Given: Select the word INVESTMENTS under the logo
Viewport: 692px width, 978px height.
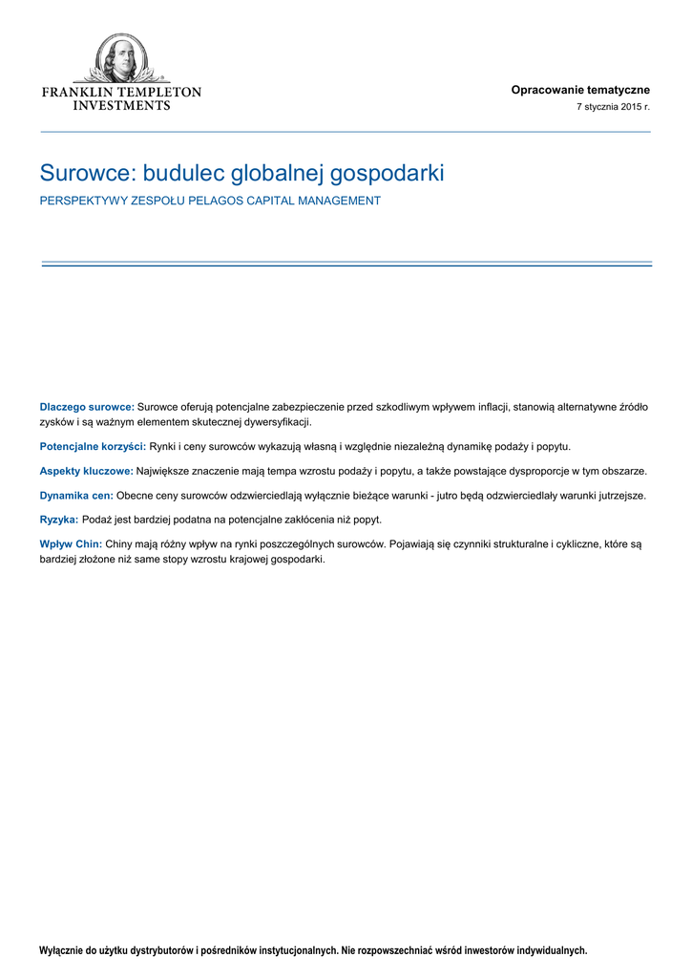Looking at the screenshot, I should point(121,105).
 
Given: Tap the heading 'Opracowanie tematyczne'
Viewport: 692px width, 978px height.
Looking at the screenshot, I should point(580,90).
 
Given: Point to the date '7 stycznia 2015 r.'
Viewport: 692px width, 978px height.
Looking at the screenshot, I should point(613,108).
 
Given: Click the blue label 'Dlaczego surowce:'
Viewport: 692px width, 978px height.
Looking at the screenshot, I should point(87,407).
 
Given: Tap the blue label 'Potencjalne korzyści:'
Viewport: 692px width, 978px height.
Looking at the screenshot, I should point(93,446).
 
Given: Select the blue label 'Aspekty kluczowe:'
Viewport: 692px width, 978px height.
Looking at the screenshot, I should point(86,471).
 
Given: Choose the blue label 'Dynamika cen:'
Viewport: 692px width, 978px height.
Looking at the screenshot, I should point(76,496).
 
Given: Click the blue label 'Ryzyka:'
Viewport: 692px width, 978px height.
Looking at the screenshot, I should point(58,520).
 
